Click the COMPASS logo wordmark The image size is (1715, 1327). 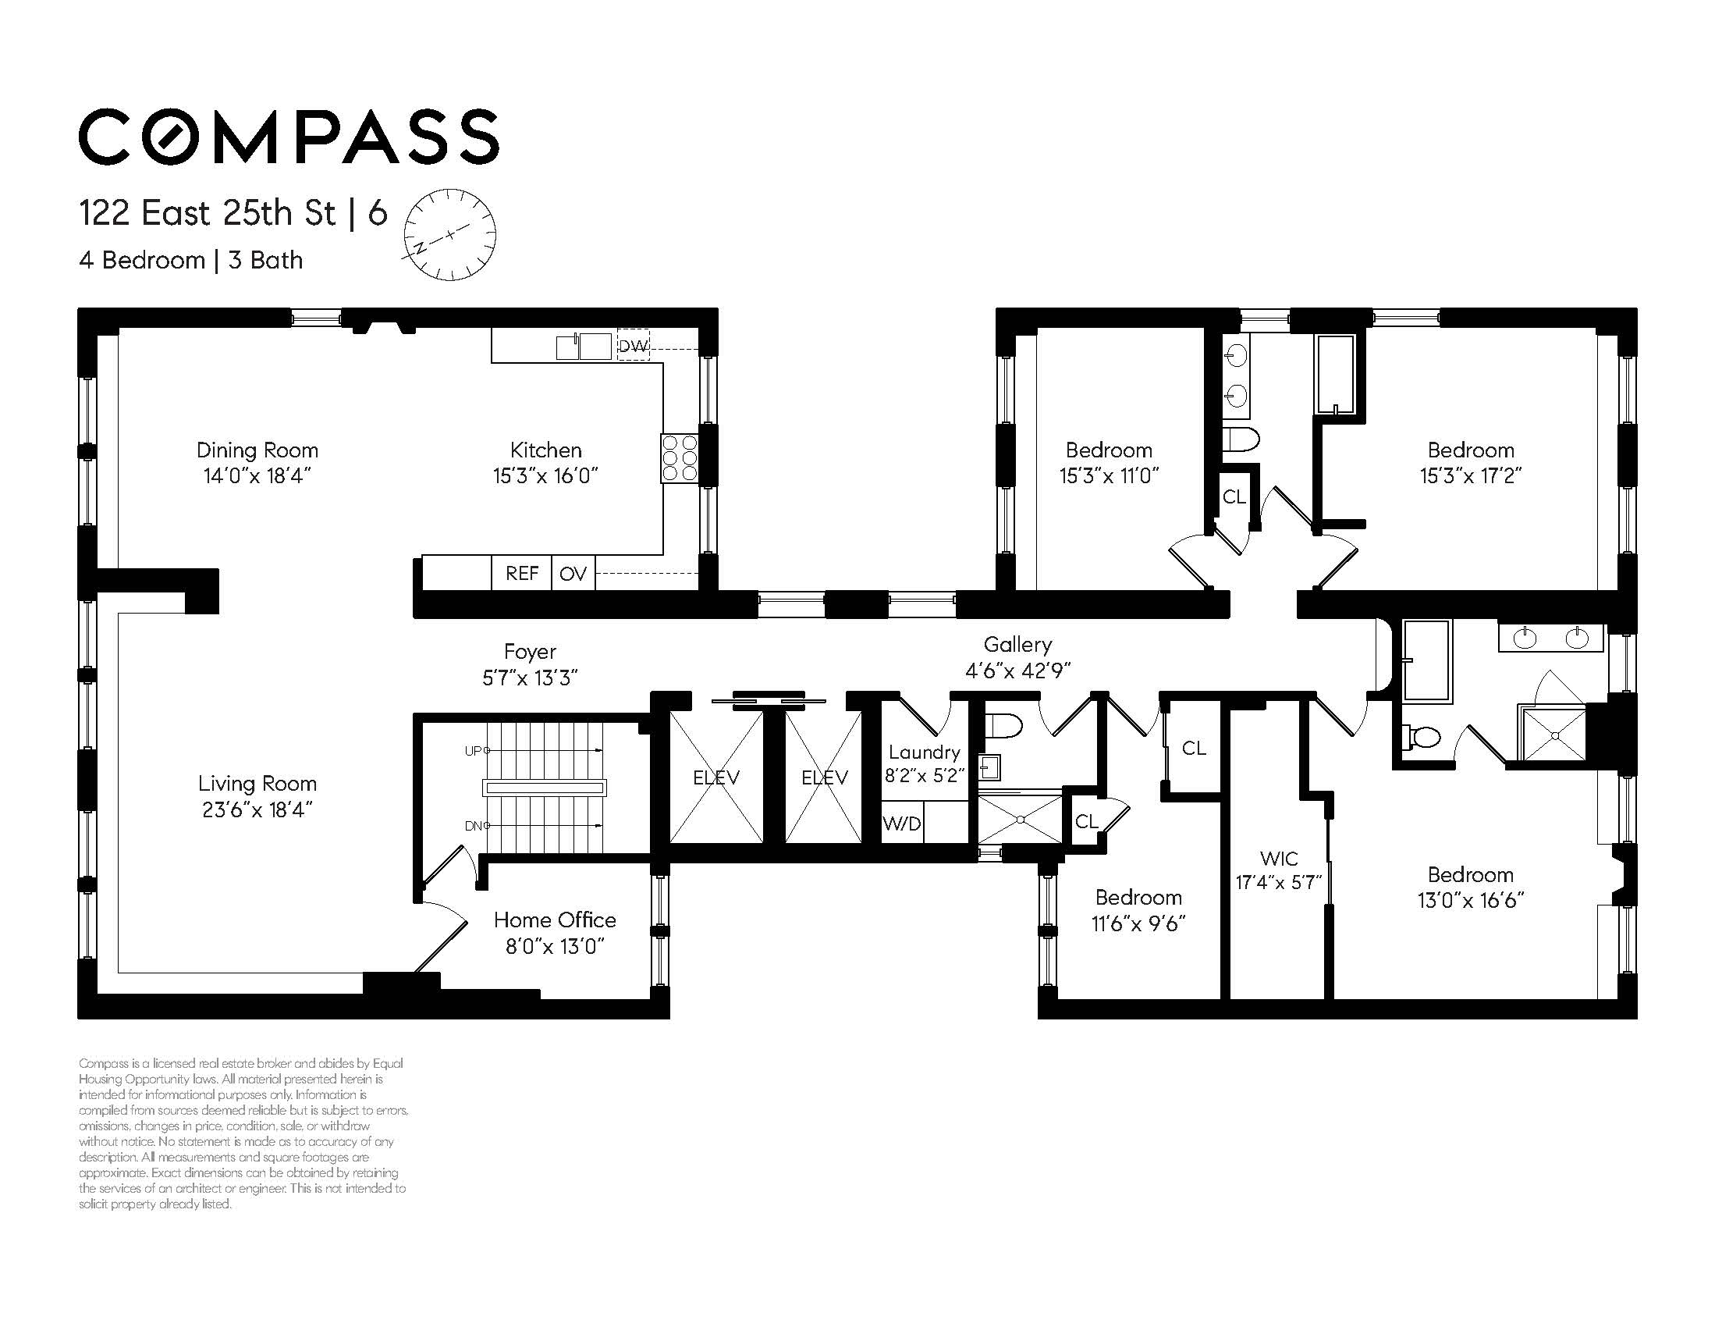(288, 137)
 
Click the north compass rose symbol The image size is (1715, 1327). (449, 234)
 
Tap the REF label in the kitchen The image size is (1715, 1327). (521, 574)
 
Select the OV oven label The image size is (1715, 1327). (573, 574)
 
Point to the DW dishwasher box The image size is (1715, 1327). (633, 346)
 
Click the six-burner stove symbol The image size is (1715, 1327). (680, 458)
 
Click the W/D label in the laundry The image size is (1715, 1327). (901, 824)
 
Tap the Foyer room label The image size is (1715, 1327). (530, 651)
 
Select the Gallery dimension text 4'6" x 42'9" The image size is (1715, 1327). (1017, 671)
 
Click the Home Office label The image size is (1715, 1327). (555, 920)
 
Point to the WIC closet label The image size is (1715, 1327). (1278, 858)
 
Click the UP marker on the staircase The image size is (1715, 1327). (474, 750)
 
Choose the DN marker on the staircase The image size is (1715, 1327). (474, 826)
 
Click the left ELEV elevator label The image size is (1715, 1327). (715, 777)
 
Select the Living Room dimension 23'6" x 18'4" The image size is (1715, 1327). (257, 809)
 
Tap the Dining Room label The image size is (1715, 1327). (257, 450)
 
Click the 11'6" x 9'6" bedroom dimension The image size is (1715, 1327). (1138, 923)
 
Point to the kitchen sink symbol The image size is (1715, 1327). (584, 347)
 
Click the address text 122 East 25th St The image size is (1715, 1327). (208, 214)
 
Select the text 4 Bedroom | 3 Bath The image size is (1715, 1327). (191, 260)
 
